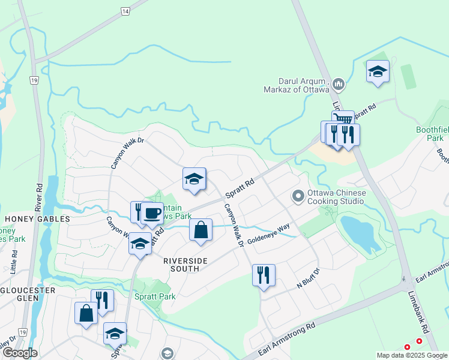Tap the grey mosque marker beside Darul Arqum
click(x=338, y=85)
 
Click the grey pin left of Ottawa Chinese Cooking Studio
click(x=297, y=196)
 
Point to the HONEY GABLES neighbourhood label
click(x=29, y=220)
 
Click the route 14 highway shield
click(x=125, y=11)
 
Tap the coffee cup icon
click(x=152, y=212)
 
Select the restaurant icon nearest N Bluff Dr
click(x=264, y=275)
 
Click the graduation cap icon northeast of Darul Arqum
click(x=378, y=71)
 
